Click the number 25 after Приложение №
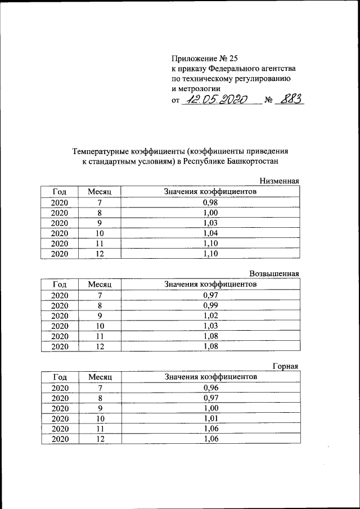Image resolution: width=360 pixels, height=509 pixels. tap(233, 58)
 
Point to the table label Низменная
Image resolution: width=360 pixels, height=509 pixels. tap(278, 181)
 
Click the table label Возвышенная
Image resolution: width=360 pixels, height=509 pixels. tap(273, 273)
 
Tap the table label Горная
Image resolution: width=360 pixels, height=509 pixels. tap(285, 366)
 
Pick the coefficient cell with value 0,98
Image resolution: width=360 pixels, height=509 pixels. tap(210, 202)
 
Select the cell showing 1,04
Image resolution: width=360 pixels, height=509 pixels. tap(210, 233)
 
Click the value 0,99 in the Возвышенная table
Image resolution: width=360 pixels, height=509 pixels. tap(210, 305)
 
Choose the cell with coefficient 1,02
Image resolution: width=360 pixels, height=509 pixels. tap(210, 316)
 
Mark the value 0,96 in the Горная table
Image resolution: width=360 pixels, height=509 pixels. tap(210, 388)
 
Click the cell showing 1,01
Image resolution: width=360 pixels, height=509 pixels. tap(210, 418)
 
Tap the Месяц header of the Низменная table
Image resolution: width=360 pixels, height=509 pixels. tap(100, 192)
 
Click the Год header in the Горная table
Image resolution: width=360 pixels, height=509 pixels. tap(60, 377)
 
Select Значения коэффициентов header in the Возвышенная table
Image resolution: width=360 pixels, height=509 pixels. tap(210, 284)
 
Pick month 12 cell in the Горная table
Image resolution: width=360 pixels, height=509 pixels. tap(100, 439)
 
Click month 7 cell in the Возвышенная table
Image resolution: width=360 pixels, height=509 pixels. tap(100, 295)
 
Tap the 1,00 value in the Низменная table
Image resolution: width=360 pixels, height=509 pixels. tap(210, 213)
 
